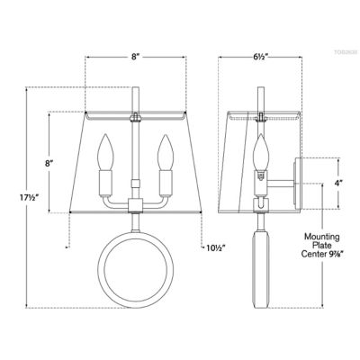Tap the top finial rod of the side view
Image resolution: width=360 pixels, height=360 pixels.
coord(261,97)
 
